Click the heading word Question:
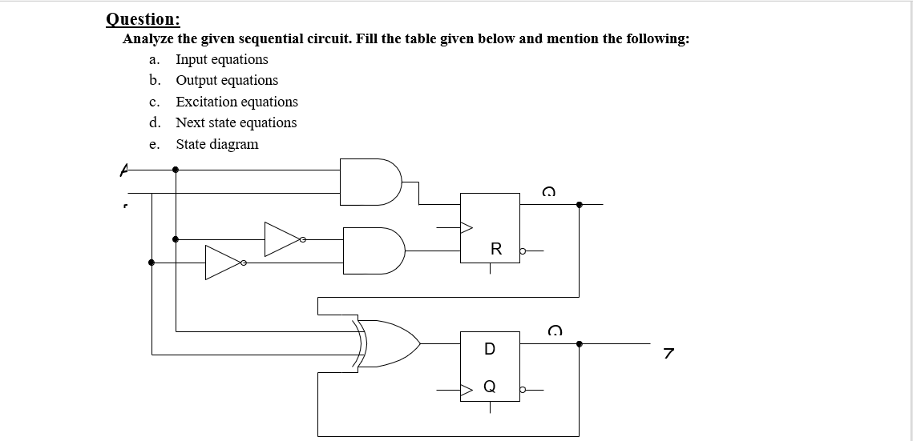tap(143, 19)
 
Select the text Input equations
tap(222, 59)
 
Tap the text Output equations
tap(227, 80)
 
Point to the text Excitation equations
tap(236, 102)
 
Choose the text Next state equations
tap(236, 122)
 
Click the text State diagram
tap(217, 144)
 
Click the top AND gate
tap(370, 180)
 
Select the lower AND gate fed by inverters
tap(373, 251)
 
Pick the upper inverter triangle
tap(283, 239)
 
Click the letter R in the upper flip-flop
tap(495, 250)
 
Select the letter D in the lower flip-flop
tap(490, 349)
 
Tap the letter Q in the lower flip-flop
tap(490, 387)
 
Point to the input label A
tap(123, 169)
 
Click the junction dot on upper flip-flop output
tap(580, 204)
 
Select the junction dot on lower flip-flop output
tap(580, 343)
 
